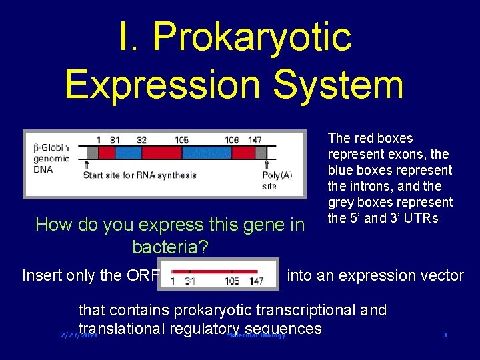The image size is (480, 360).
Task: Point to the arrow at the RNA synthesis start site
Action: [x=87, y=164]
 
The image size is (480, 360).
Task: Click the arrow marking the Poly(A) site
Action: [x=268, y=165]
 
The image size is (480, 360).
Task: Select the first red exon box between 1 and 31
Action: [x=105, y=153]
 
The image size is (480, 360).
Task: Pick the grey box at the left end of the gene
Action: [x=93, y=153]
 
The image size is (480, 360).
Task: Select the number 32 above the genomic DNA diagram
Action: [x=141, y=140]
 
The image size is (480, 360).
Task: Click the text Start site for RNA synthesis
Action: [x=139, y=175]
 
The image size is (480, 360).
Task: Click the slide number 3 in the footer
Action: [x=445, y=335]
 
